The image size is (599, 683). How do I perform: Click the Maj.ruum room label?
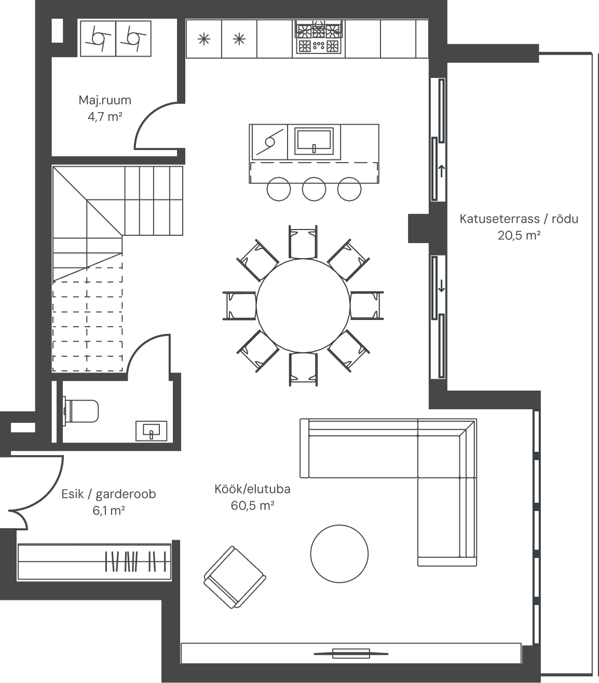coord(105,100)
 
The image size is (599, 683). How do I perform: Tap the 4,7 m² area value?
coord(105,117)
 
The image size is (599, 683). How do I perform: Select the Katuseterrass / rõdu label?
coord(519,219)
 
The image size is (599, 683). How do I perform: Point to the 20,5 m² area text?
coord(519,235)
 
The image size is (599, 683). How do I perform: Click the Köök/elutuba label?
coord(252,489)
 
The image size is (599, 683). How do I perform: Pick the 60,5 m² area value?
coord(252,506)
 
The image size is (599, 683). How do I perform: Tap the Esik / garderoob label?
coord(108,494)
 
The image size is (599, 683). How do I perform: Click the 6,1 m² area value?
coord(108,511)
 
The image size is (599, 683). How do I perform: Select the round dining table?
coord(303,306)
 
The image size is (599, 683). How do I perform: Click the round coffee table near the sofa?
coord(339,554)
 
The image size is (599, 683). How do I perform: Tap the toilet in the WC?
coord(81,411)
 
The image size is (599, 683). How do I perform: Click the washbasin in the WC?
coord(151,431)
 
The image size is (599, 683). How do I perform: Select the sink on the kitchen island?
coord(314,141)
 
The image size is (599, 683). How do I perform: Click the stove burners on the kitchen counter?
coord(319,37)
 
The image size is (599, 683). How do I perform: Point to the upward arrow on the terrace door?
coord(441,171)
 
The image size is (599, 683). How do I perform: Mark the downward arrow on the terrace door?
coord(441,287)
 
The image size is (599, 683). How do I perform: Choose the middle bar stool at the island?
coord(314,189)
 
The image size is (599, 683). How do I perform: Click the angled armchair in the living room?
coord(235,577)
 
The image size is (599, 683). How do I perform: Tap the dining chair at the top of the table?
coord(303,242)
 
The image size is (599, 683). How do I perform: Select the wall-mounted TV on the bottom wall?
coord(351,653)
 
